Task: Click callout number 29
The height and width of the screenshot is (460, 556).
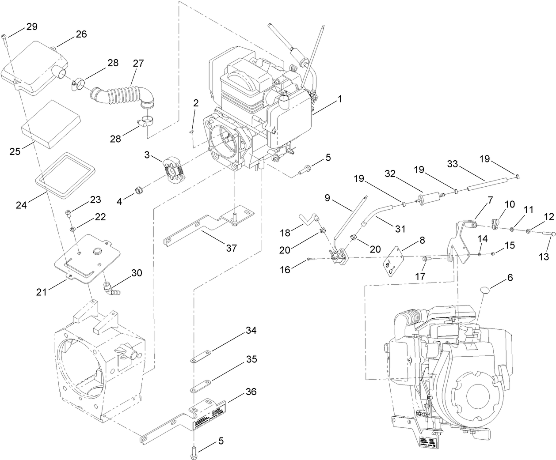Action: [x=31, y=26]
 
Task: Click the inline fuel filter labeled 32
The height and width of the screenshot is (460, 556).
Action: [x=430, y=196]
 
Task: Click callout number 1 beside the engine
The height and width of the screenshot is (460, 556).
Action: [x=340, y=100]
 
